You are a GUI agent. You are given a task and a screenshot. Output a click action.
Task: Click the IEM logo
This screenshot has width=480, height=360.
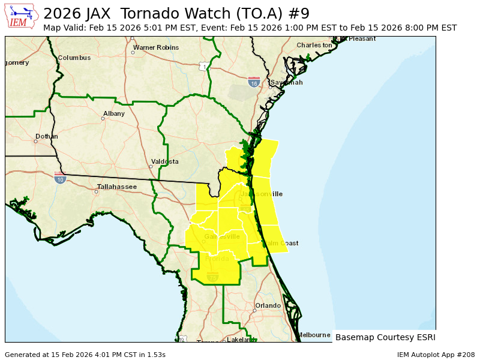coord(22,16)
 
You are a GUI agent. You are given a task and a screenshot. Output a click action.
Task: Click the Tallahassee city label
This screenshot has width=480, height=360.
coord(117,187)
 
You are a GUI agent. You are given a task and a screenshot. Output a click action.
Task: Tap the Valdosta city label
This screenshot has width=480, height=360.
coord(164,161)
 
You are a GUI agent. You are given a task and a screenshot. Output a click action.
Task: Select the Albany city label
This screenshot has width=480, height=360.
coord(114,113)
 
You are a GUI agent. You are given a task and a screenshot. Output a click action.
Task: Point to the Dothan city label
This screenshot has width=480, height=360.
coord(46,136)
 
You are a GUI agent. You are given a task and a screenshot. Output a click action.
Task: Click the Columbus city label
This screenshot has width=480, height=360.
coord(74,58)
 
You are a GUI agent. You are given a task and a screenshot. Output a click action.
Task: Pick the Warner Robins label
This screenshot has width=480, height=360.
coord(155,47)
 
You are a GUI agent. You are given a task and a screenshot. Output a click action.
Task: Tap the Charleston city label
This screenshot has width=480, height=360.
coord(314,45)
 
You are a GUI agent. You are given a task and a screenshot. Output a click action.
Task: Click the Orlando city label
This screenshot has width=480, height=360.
coord(268,305)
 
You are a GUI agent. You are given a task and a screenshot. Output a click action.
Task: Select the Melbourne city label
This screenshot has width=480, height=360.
coord(314,335)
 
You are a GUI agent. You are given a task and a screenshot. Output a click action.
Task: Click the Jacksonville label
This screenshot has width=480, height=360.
coord(261,194)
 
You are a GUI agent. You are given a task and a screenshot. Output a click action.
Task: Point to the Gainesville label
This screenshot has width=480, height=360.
coord(222,236)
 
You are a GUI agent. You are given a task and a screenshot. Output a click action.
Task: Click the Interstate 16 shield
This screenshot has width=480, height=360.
coord(254,81)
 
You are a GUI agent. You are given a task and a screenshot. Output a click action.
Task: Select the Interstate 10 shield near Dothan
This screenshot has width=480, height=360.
coord(59,178)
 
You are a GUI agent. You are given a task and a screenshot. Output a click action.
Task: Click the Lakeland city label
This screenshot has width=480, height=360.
coord(241,340)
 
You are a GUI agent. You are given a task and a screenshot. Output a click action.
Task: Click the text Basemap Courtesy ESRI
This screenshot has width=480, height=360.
coord(385,337)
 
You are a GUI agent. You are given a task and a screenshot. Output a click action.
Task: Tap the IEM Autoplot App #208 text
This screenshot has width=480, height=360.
coord(436,355)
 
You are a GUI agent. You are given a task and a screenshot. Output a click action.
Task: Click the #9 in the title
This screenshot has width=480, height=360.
coord(298,13)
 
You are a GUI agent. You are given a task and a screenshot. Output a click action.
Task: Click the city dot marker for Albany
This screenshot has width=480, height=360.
coord(103,118)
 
